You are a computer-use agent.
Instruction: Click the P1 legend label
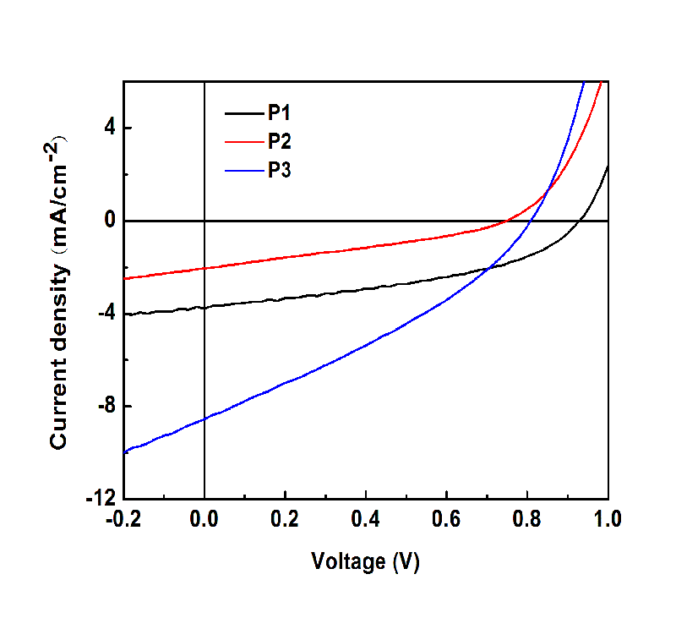281,112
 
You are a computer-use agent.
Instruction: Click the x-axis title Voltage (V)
365,561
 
